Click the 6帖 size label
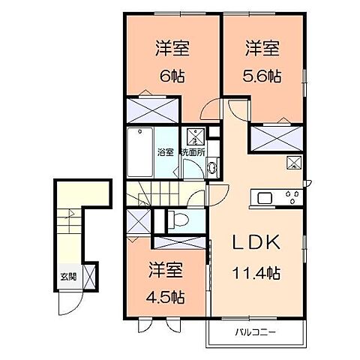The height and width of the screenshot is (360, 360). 172,76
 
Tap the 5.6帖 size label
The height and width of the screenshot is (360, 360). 263,76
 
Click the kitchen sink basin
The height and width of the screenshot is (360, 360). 265,197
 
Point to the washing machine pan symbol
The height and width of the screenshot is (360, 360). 194,137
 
